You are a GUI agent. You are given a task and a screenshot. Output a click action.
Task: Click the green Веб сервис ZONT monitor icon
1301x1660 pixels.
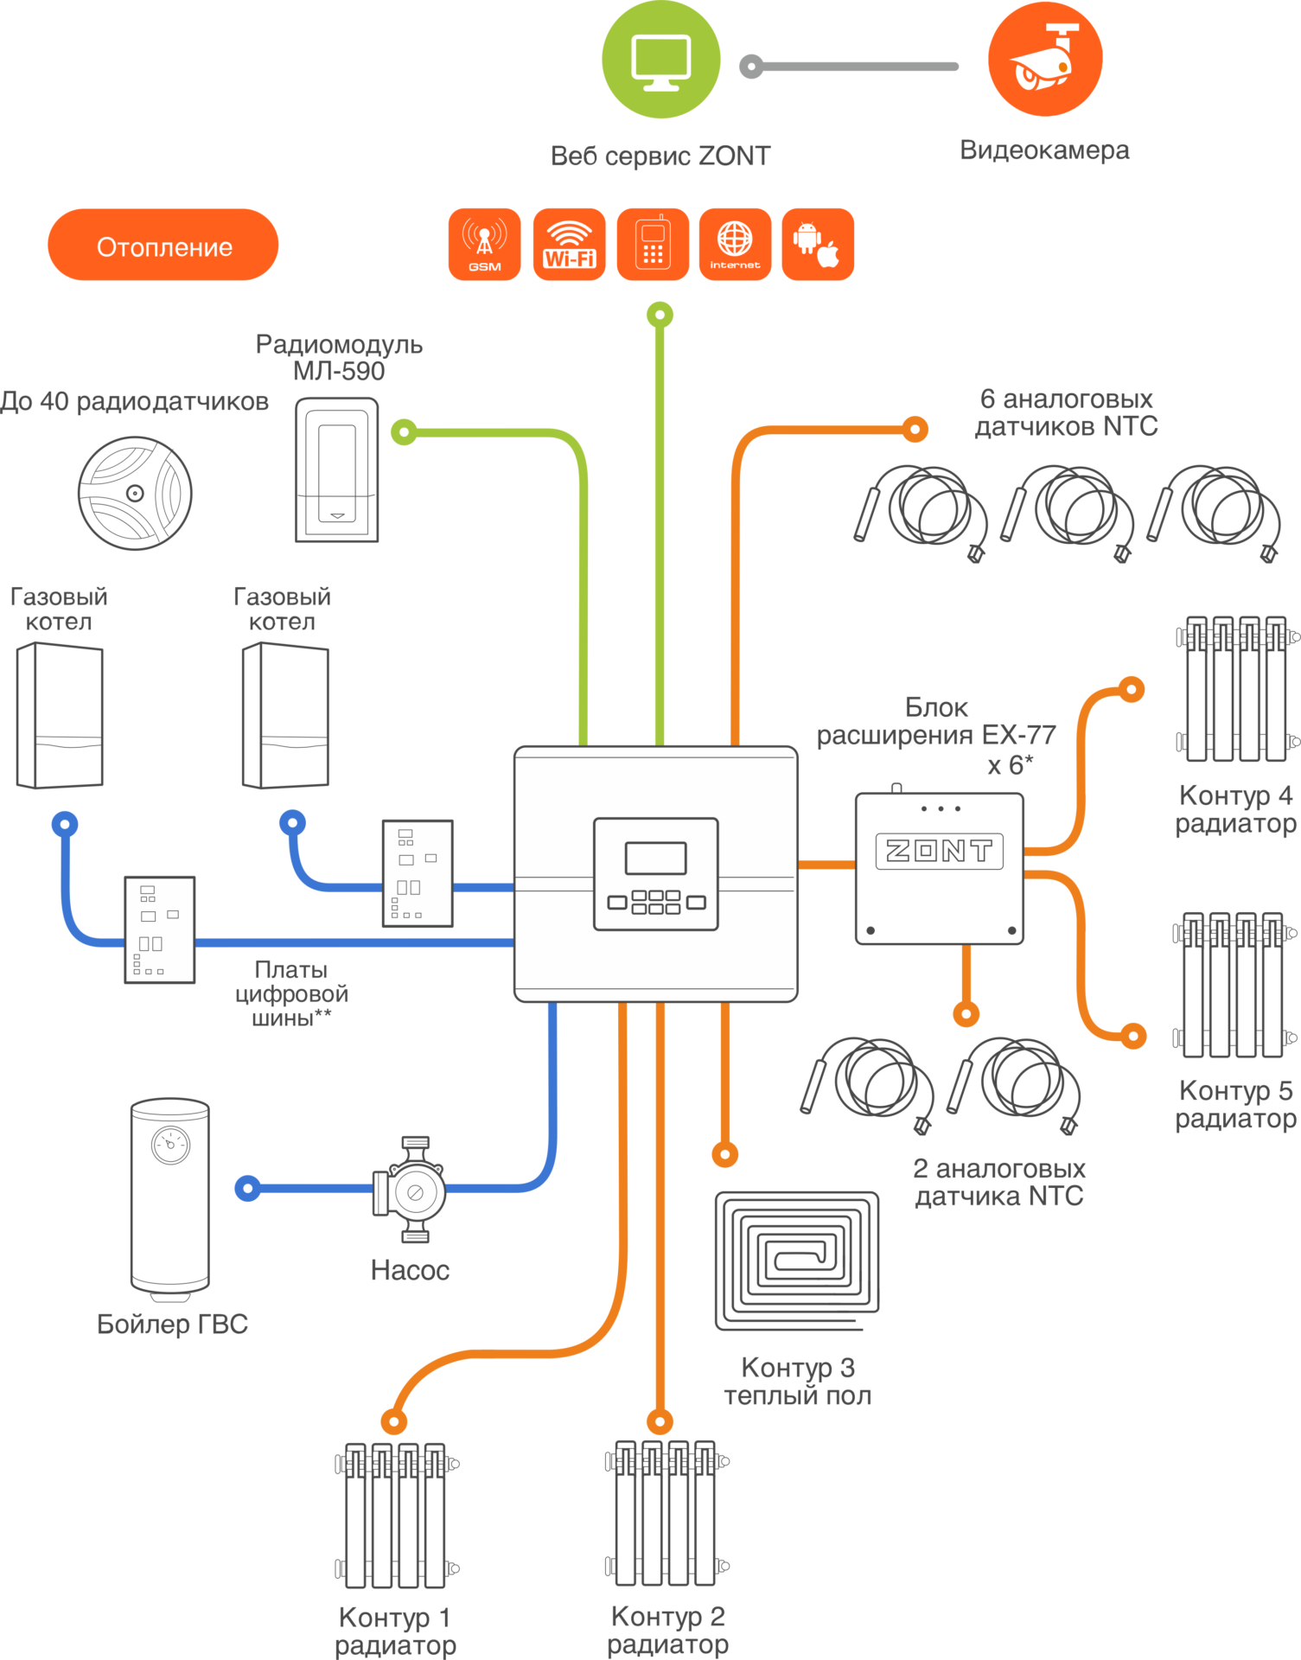coord(661,60)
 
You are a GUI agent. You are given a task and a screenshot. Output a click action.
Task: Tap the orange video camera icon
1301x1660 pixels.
coord(1045,59)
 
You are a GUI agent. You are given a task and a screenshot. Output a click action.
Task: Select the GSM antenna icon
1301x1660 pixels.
coord(485,244)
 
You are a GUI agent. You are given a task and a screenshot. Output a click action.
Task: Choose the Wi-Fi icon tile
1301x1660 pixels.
coord(569,244)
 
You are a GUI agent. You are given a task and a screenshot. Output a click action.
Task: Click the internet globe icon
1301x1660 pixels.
coord(735,244)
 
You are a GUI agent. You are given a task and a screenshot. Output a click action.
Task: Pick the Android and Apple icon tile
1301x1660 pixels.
coord(818,244)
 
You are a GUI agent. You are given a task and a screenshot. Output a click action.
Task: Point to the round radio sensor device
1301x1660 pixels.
coord(135,493)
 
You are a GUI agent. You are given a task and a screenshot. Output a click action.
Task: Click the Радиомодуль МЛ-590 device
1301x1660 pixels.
coord(337,469)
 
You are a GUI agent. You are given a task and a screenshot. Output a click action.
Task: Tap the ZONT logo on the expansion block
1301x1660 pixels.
coord(939,851)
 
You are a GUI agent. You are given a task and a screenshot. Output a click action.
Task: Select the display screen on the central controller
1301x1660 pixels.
coord(655,859)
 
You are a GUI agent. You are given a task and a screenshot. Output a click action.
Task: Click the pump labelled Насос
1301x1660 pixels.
coord(412,1191)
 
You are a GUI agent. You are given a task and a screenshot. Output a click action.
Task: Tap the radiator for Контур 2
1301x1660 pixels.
coord(666,1513)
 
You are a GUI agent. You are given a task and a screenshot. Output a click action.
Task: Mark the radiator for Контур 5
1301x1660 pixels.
coord(1234,985)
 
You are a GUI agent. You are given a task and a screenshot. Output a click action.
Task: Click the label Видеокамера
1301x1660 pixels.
coord(1044,150)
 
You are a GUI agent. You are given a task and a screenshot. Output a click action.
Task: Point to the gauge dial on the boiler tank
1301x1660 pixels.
coord(170,1146)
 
